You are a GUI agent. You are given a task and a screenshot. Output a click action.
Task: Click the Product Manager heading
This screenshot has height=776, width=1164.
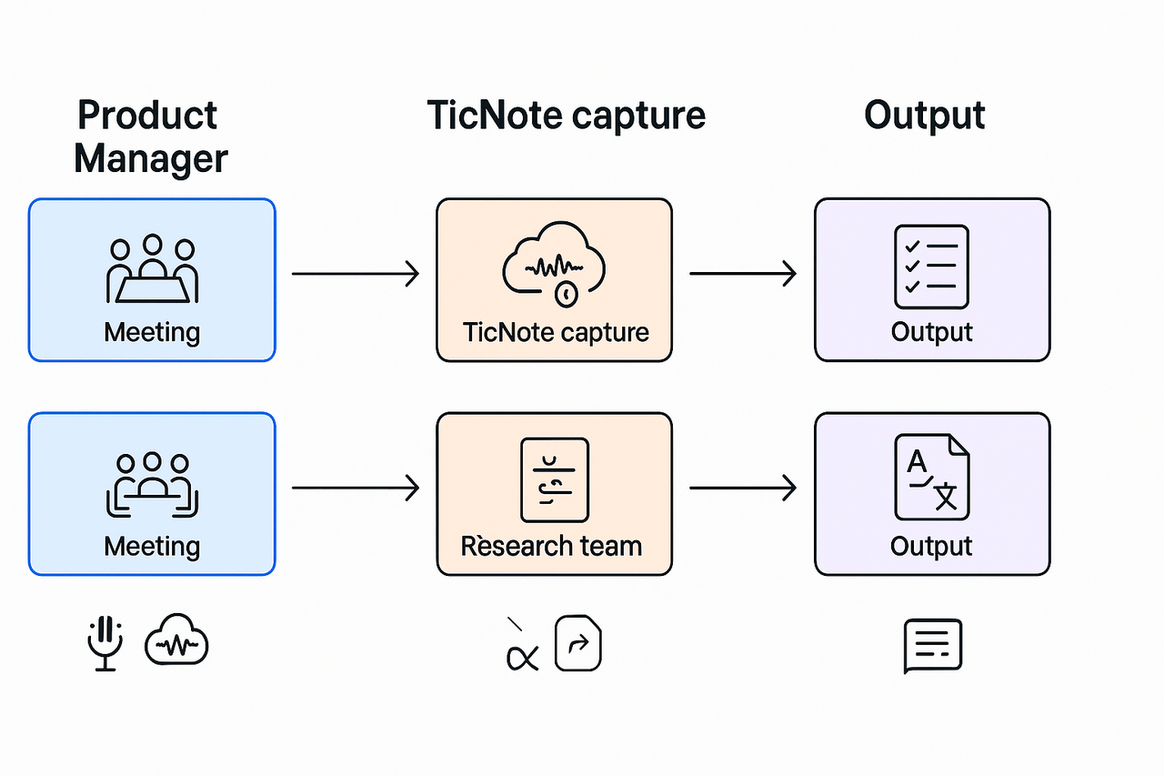[151, 137]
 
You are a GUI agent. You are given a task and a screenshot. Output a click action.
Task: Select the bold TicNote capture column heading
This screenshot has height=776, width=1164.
[566, 116]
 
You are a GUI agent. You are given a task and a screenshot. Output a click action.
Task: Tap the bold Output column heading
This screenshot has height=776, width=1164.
[924, 116]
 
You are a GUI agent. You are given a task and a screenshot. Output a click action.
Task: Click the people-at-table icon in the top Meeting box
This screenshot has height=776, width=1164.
[152, 269]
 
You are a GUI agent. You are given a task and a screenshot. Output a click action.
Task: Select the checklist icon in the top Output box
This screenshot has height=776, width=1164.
[931, 267]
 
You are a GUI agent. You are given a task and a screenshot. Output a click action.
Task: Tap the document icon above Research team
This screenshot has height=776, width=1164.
[554, 479]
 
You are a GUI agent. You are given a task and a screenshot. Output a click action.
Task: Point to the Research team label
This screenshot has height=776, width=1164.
[551, 546]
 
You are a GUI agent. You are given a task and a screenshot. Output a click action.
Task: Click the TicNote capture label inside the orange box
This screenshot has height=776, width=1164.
[556, 331]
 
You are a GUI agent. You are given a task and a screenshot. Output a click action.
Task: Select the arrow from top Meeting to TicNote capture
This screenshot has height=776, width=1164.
[355, 273]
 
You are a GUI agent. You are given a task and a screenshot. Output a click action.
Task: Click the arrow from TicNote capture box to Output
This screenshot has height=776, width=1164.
[742, 273]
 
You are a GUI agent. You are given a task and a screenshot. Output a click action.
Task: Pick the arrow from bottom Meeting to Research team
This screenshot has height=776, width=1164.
[355, 489]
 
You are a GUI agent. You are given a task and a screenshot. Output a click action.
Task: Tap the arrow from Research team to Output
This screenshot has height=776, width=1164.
[742, 489]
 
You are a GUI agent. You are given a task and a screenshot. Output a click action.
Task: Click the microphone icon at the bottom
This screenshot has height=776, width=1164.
[105, 643]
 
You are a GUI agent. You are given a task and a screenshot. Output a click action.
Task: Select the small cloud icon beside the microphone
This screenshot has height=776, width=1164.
[176, 645]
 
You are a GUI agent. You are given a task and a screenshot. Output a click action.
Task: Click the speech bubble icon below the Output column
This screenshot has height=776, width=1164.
[932, 646]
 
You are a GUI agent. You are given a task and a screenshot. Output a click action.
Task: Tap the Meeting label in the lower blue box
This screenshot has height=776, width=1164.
[152, 546]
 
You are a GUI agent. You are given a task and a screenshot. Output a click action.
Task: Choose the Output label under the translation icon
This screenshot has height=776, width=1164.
[931, 546]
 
